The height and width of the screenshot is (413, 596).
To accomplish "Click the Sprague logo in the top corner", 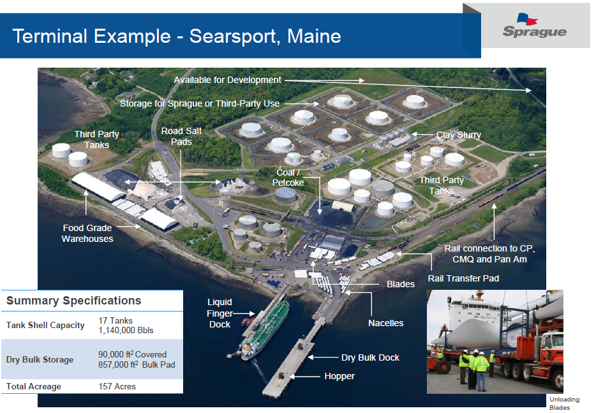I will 534,26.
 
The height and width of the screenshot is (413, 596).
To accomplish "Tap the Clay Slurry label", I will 458,135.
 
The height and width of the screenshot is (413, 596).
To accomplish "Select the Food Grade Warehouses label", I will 87,234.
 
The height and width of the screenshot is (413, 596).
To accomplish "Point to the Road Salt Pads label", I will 181,136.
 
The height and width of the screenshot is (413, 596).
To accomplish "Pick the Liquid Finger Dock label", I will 220,313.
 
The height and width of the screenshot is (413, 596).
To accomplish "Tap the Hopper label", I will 339,376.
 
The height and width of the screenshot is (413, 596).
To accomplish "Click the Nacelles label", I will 385,323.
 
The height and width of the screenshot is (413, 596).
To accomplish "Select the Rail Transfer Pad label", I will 463,278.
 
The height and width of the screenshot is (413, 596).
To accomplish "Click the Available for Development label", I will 227,80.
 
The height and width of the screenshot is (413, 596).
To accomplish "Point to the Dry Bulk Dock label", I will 370,357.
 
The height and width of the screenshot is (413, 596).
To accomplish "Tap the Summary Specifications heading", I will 73,301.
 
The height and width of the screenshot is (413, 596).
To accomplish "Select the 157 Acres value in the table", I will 117,386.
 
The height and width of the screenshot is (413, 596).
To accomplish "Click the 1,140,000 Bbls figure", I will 126,331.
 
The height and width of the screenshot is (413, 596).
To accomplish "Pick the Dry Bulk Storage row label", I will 40,359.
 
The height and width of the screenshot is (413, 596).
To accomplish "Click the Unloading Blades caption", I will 564,403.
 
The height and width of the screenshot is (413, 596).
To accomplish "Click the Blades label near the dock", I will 401,284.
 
